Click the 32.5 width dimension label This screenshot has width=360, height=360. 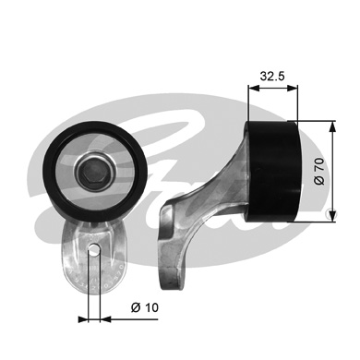272,76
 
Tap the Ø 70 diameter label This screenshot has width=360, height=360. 319,171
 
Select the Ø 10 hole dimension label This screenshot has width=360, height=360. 145,307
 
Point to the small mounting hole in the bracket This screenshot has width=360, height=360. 94,248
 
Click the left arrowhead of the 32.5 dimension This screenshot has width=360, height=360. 254,89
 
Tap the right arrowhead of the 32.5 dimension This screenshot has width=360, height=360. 293,89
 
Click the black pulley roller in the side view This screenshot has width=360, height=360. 273,171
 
